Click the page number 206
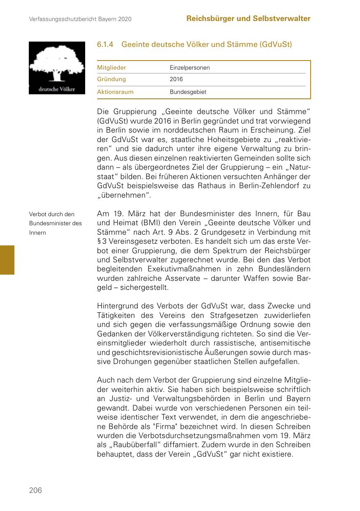pos(35,490)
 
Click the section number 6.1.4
pos(105,44)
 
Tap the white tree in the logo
pos(56,64)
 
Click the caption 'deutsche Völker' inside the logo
pos(57,89)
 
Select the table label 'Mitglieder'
pos(111,68)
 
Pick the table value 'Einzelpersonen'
pos(190,68)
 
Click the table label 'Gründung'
pos(111,79)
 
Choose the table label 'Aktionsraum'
pos(115,92)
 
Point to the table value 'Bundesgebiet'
pos(188,92)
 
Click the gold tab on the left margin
pos(7,260)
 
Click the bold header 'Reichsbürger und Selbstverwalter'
pos(248,19)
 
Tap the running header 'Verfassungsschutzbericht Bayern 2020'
pos(80,19)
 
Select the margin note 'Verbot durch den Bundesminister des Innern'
pos(56,223)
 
